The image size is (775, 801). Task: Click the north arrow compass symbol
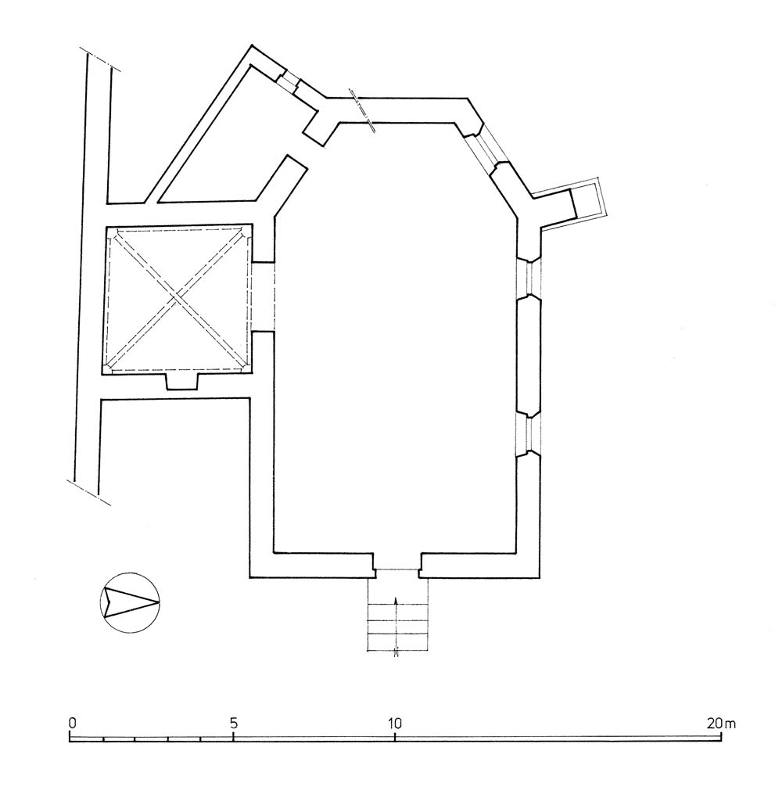tap(130, 603)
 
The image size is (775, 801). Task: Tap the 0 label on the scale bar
tap(73, 724)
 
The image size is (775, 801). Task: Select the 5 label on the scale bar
tap(234, 724)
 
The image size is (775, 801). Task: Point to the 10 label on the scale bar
tap(394, 724)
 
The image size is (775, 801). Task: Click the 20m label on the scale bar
tap(722, 724)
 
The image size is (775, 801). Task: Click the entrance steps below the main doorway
tap(397, 614)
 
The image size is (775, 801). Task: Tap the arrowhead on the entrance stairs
tap(396, 600)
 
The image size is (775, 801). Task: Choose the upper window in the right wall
tap(529, 278)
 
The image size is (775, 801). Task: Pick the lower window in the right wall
tap(529, 435)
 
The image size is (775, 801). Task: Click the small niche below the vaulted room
tap(182, 381)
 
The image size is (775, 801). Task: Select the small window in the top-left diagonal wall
tap(289, 81)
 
